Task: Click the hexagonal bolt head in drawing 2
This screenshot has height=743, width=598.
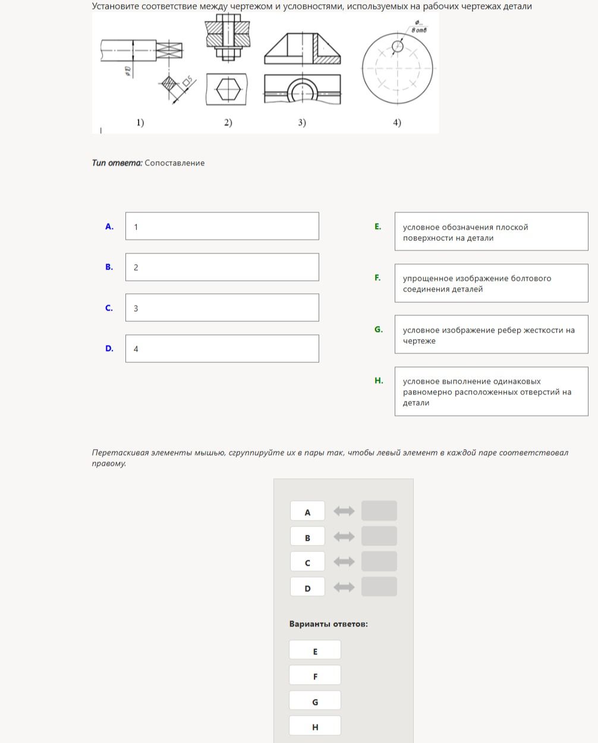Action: [228, 89]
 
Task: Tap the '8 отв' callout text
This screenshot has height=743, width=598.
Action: [419, 30]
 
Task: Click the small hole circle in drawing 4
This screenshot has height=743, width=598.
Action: [398, 46]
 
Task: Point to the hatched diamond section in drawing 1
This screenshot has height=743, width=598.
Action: [169, 83]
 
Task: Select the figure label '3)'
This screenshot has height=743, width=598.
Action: [302, 123]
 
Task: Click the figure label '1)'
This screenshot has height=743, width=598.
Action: [140, 123]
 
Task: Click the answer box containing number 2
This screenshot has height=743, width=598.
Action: [222, 267]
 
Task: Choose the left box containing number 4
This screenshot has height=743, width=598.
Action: [222, 349]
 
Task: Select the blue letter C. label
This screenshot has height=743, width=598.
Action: [109, 308]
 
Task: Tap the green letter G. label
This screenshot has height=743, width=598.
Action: [379, 330]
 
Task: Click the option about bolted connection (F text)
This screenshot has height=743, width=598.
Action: [477, 284]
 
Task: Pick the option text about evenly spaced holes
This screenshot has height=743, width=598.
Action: [487, 392]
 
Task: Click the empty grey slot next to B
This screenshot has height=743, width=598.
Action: [379, 536]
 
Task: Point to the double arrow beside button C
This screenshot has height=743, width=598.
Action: [344, 562]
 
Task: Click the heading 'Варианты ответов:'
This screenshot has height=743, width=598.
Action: [329, 624]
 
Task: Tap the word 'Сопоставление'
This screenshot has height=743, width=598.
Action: [175, 163]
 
